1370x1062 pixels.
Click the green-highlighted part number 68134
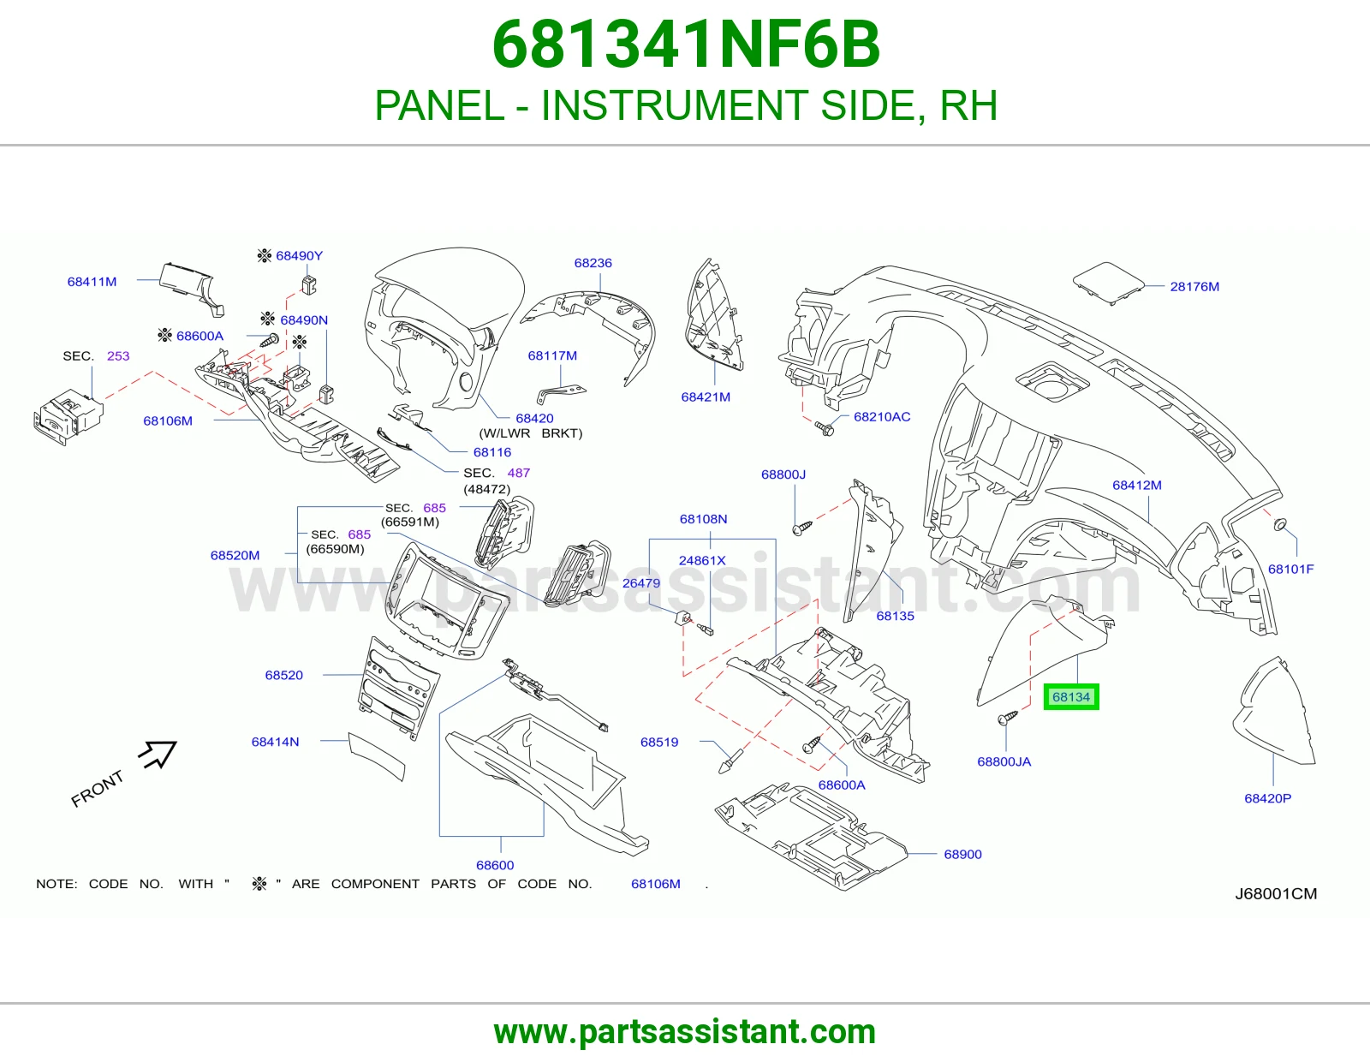pyautogui.click(x=1071, y=697)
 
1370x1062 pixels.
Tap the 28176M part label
pyautogui.click(x=1194, y=286)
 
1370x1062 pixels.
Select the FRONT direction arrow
pyautogui.click(x=158, y=754)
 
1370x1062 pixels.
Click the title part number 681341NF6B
pyautogui.click(x=685, y=45)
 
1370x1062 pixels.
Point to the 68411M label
pyautogui.click(x=92, y=282)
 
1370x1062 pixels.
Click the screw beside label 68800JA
pyautogui.click(x=1008, y=718)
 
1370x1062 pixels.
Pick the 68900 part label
pyautogui.click(x=962, y=854)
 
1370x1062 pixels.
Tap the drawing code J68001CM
pyautogui.click(x=1276, y=893)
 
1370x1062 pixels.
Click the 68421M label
pyautogui.click(x=706, y=397)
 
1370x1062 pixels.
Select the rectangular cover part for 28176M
pyautogui.click(x=1108, y=283)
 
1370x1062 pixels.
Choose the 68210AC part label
pyautogui.click(x=882, y=417)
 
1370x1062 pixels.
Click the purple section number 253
pyautogui.click(x=118, y=355)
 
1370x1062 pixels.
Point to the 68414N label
pyautogui.click(x=275, y=742)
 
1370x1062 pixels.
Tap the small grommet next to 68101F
pyautogui.click(x=1280, y=525)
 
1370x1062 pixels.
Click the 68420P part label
pyautogui.click(x=1267, y=798)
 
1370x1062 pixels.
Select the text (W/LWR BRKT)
pyautogui.click(x=531, y=433)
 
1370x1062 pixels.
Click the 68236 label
pyautogui.click(x=593, y=263)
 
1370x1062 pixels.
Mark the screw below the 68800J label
pyautogui.click(x=802, y=528)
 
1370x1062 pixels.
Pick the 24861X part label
pyautogui.click(x=702, y=560)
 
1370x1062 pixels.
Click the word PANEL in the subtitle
pyautogui.click(x=439, y=105)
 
